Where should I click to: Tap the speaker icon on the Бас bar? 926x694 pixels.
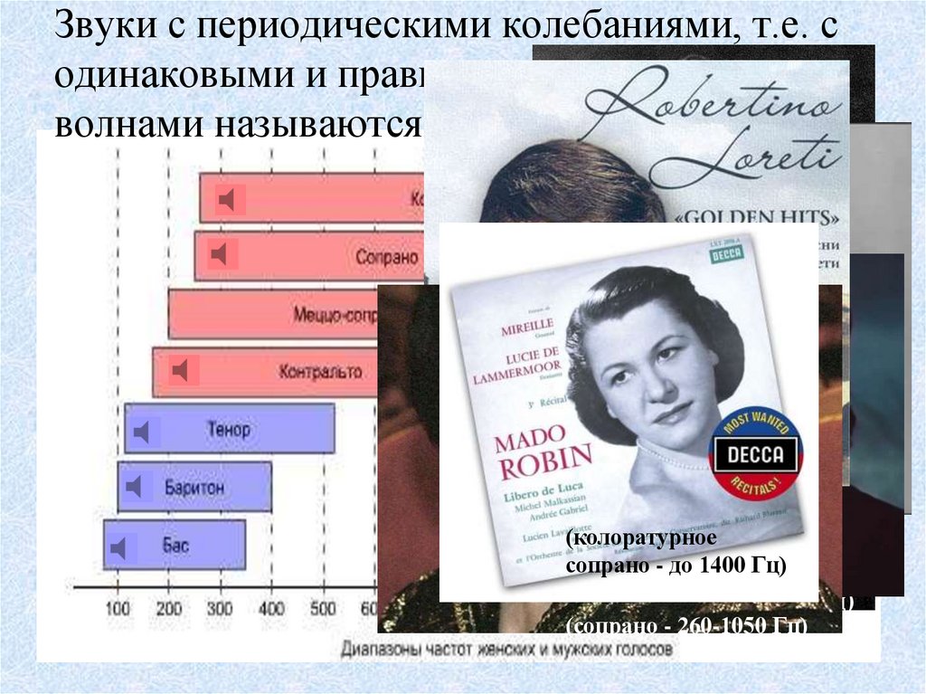pos(119,547)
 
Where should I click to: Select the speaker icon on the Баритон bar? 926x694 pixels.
pos(135,488)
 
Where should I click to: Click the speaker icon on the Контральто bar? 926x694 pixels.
pos(181,370)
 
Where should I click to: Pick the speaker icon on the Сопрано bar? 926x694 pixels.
pos(220,255)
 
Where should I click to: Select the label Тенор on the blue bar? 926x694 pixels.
pos(228,429)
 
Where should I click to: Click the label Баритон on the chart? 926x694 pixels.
pos(194,488)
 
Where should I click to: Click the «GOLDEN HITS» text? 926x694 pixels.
pos(758,219)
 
